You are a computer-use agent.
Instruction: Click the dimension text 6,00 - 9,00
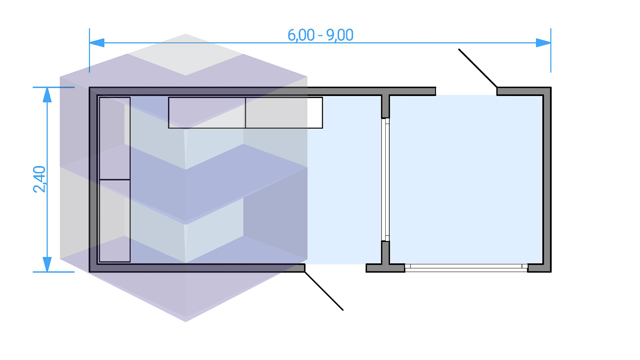coord(320,35)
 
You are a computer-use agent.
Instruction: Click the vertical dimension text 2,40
coord(39,179)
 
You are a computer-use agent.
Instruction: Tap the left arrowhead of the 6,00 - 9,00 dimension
coord(97,43)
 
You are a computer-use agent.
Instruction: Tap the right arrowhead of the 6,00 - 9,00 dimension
coord(543,43)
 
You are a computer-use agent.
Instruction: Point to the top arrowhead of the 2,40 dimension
coord(47,95)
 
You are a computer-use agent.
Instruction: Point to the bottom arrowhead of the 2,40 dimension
coord(47,264)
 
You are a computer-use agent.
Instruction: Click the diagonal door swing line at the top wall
coord(478,68)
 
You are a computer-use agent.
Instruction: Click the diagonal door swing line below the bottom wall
coord(324,291)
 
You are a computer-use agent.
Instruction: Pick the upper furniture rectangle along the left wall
coord(115,138)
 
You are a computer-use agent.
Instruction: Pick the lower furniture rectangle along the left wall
coord(115,221)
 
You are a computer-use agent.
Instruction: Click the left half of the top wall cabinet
coord(207,113)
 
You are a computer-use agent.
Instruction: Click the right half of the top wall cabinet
coord(284,113)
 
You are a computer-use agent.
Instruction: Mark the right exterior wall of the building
coord(547,179)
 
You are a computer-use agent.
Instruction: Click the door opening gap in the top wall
coord(466,91)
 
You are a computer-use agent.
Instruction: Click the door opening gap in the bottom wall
coord(335,268)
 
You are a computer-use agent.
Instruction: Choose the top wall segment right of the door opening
coord(524,91)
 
